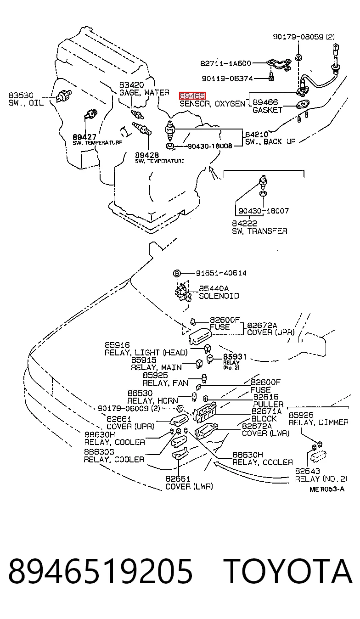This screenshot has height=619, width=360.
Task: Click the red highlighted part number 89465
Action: [x=192, y=96]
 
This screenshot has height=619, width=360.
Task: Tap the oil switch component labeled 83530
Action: [x=64, y=96]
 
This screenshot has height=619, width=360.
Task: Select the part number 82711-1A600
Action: [x=226, y=63]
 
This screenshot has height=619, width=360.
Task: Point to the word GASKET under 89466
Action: [x=267, y=110]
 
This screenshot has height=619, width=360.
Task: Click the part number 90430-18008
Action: [x=210, y=146]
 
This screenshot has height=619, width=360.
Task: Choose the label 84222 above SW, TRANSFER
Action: [x=244, y=223]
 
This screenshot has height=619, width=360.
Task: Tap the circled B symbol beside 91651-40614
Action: [x=176, y=274]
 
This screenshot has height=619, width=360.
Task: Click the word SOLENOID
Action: [x=219, y=296]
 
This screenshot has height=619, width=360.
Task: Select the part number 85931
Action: [x=235, y=357]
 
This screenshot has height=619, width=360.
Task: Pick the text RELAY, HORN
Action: [x=153, y=401]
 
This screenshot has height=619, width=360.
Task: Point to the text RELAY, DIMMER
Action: [x=319, y=422]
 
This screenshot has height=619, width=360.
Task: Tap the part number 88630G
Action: [x=99, y=452]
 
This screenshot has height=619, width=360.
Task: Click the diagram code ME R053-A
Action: [x=327, y=490]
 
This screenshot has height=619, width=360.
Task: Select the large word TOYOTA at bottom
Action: [x=287, y=571]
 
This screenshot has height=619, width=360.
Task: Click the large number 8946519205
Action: [x=101, y=571]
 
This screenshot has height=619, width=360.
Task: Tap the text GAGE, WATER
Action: [x=144, y=93]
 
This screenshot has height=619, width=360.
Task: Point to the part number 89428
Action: [x=147, y=155]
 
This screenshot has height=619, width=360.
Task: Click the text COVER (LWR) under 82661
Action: [x=189, y=486]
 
